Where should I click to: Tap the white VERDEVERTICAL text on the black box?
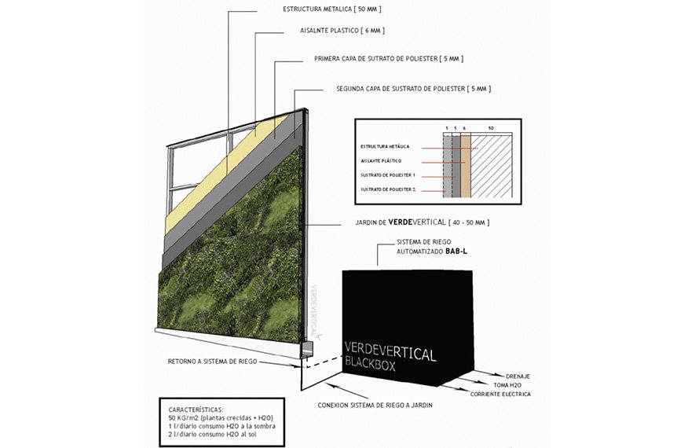pos(390,354)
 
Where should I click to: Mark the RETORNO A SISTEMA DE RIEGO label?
pos(212,362)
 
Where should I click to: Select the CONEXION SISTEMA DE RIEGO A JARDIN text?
pos(375,405)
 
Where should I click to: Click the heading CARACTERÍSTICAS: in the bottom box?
pos(198,409)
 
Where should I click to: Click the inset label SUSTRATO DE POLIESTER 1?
pos(388,174)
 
